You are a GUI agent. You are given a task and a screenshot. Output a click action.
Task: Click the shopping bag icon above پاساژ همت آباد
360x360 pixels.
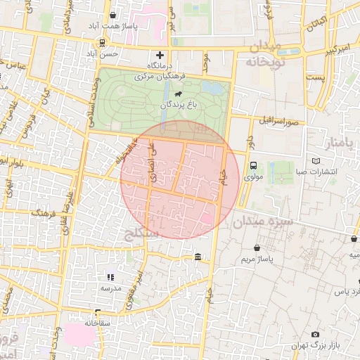(113, 15)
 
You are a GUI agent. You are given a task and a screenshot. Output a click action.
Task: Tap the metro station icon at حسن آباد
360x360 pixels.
(103, 42)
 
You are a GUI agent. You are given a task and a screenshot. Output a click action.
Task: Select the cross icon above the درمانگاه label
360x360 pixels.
(160, 55)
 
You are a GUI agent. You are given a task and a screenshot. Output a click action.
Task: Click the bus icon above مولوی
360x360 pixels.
(253, 165)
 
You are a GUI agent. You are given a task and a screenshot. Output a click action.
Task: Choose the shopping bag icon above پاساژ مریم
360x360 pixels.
(257, 248)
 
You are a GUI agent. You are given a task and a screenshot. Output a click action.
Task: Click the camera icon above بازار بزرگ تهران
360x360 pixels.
(315, 334)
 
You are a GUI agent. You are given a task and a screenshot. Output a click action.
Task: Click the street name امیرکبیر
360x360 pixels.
(326, 51)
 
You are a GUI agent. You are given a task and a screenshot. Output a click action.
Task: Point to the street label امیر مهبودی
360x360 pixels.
(131, 281)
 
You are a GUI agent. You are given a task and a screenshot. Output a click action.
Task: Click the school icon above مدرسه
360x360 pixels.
(110, 278)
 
